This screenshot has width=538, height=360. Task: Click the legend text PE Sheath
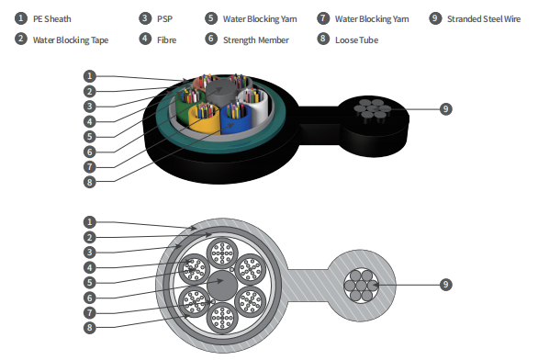coord(51,19)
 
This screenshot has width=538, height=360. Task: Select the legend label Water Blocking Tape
coord(71,40)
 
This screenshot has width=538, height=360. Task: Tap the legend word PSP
coord(164,19)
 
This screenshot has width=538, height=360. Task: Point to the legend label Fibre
coord(167,40)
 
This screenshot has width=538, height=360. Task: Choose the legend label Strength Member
coord(256,40)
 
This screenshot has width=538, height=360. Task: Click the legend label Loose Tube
coord(356,40)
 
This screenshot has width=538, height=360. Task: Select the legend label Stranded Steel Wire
coord(484,19)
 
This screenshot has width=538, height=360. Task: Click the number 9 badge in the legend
coord(435,18)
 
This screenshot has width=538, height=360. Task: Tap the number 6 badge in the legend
coord(211,39)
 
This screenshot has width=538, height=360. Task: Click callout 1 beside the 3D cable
coord(90,76)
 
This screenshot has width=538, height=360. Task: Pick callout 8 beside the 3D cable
coord(90,182)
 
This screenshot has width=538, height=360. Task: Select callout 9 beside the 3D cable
coord(445,109)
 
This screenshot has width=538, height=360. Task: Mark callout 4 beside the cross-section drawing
coord(90,267)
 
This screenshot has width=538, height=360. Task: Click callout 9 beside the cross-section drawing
coord(445,284)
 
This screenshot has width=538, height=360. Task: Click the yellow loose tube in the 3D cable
coord(203,120)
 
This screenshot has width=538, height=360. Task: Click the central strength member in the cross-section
coord(222,286)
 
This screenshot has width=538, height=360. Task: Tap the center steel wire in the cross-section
coord(361,286)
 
